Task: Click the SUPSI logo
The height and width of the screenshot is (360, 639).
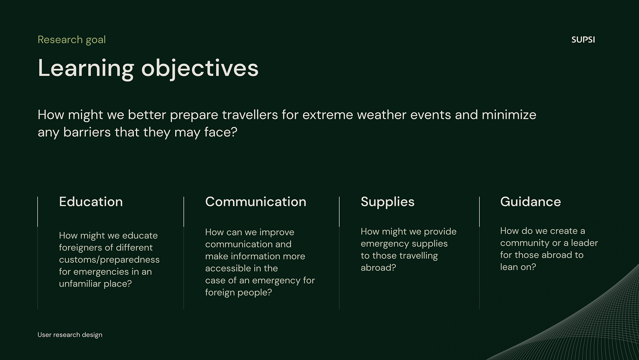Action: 583,40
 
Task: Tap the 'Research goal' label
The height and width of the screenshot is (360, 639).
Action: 72,40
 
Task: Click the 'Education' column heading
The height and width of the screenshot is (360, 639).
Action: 91,202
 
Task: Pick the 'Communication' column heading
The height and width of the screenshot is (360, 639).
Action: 256,202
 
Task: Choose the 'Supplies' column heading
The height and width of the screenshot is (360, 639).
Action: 387,202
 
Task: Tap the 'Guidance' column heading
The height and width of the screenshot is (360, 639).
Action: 531,202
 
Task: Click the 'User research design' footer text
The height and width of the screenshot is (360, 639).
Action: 70,335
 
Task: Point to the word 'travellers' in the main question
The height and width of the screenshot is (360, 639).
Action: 250,115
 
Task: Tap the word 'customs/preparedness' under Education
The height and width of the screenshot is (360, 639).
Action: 109,260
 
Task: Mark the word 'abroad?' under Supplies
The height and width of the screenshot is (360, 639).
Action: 378,267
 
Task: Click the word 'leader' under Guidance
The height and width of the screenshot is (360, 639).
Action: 584,243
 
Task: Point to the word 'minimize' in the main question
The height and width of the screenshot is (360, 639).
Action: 509,115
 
